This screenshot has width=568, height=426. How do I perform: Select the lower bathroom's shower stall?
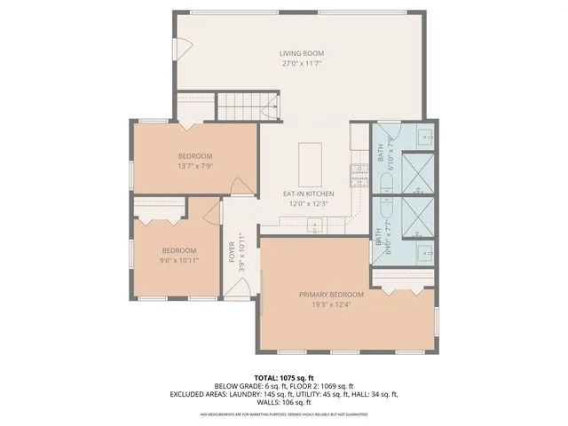pyautogui.click(x=419, y=214)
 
